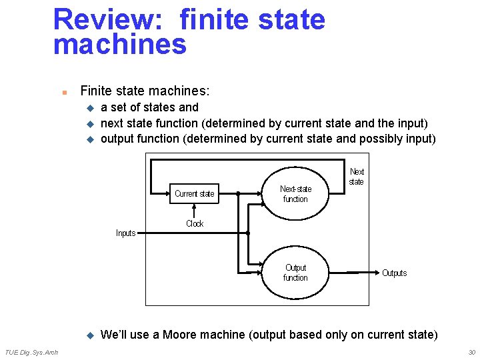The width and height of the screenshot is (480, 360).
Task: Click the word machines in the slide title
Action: coord(120,45)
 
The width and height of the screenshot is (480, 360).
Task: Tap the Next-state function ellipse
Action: coord(295,194)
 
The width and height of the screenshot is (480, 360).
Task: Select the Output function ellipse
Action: coord(295,273)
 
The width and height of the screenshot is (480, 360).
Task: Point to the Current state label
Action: coord(195,194)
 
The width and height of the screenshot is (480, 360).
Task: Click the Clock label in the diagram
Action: coord(195,224)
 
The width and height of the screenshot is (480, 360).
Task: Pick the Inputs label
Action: coord(125,233)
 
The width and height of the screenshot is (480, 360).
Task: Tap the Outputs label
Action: coord(394,273)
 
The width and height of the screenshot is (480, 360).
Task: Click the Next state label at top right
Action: coord(357,177)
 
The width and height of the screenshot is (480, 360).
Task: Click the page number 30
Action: coord(471,352)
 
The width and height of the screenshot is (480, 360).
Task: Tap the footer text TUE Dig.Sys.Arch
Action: coord(31,352)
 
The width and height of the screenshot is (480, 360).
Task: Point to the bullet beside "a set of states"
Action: coord(90,108)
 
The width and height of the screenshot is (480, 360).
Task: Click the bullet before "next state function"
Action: coord(90,124)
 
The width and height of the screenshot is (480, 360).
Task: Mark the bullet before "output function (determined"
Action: coord(90,140)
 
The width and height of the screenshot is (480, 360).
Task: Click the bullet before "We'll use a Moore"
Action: coord(90,335)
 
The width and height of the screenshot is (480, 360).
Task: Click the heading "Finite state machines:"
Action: coord(145,91)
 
